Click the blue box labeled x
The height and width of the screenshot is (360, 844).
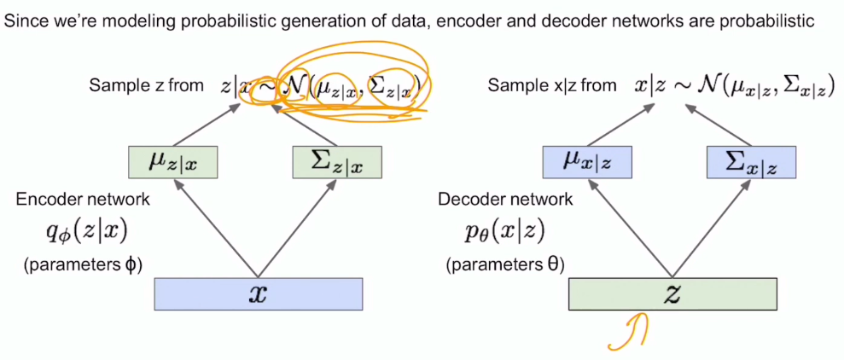coord(258,294)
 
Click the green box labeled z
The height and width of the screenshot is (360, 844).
coord(672,293)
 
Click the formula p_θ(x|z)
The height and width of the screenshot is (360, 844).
coord(504,230)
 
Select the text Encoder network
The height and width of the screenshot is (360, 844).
coord(83,200)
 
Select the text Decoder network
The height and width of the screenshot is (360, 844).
coord(504,200)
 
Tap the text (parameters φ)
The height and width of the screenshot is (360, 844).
coord(83,264)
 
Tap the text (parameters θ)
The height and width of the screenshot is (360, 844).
coord(504,264)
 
